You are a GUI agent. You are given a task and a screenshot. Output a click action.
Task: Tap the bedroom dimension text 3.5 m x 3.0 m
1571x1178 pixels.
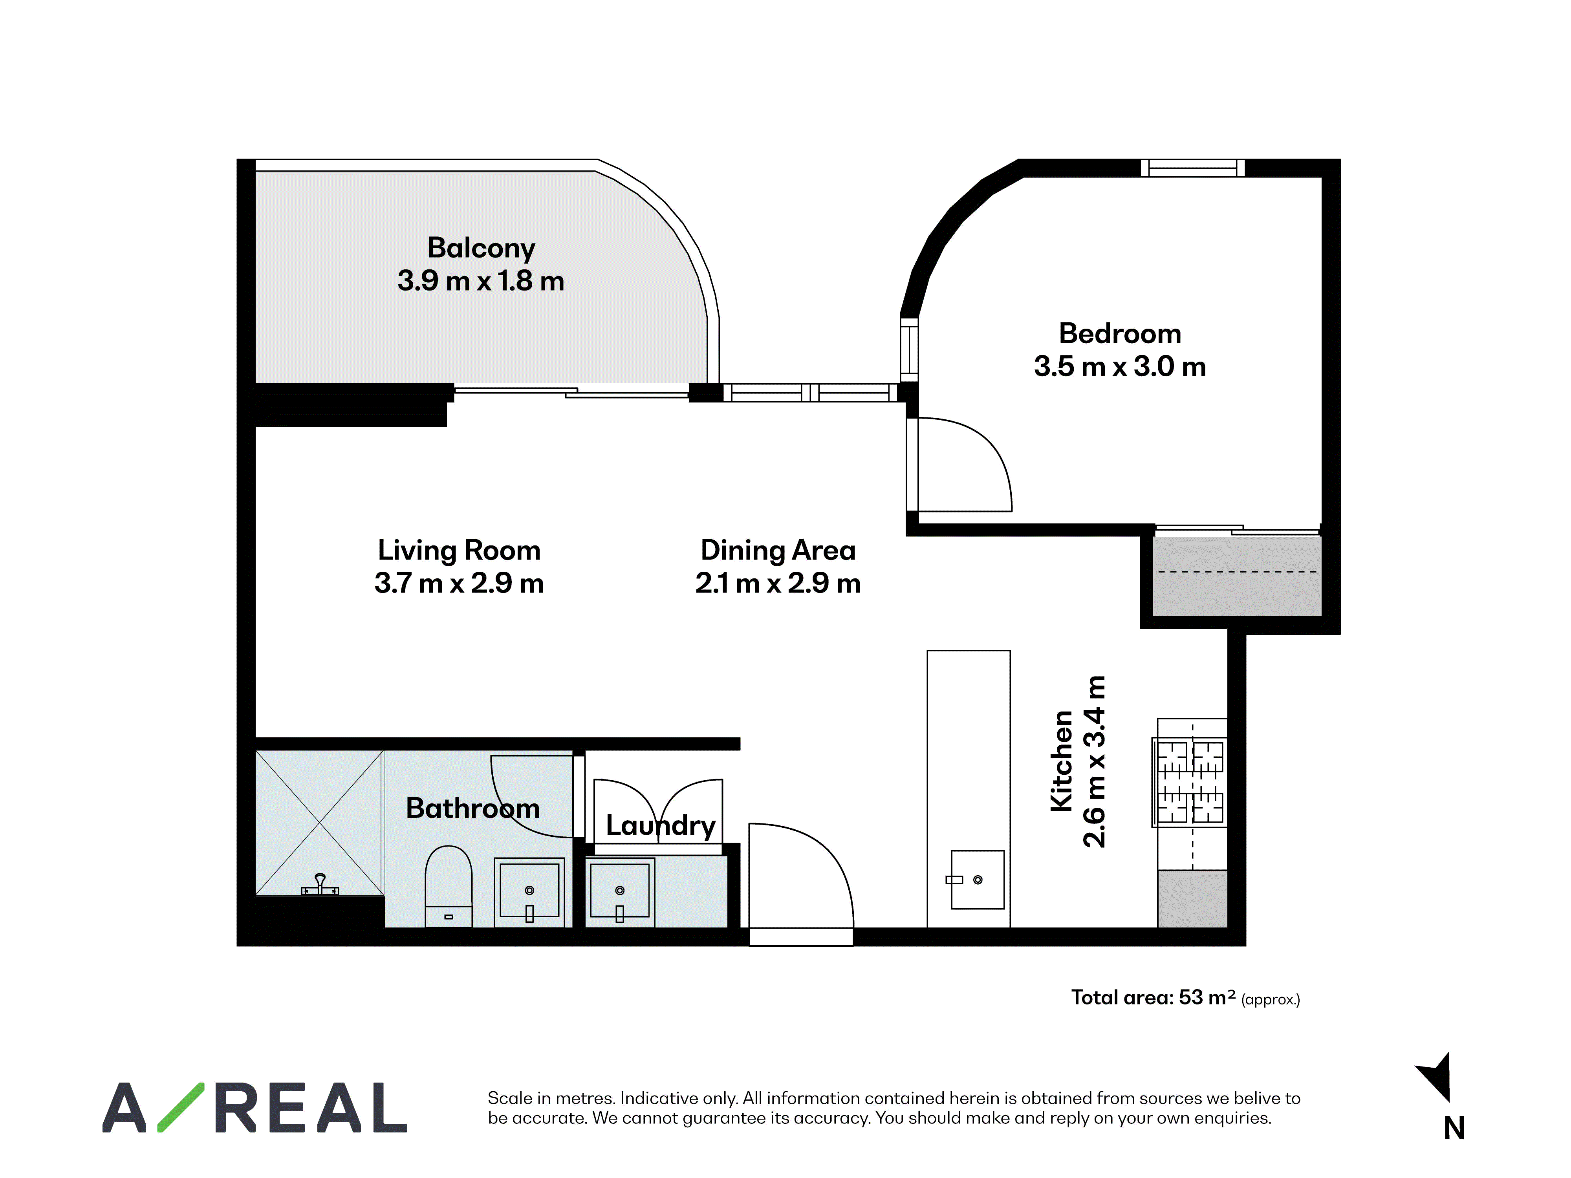[1120, 366]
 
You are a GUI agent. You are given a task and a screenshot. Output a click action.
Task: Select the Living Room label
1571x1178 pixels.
[459, 550]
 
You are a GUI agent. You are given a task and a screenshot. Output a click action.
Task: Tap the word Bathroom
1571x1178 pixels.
[473, 808]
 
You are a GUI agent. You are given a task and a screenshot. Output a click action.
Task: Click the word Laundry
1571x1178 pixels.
[661, 825]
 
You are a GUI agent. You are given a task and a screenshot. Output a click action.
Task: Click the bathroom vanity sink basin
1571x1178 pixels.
[529, 892]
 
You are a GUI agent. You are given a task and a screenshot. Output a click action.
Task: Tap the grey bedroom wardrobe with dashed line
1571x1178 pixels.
[1236, 576]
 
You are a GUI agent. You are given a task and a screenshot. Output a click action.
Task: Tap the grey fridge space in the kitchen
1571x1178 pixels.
[1192, 899]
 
